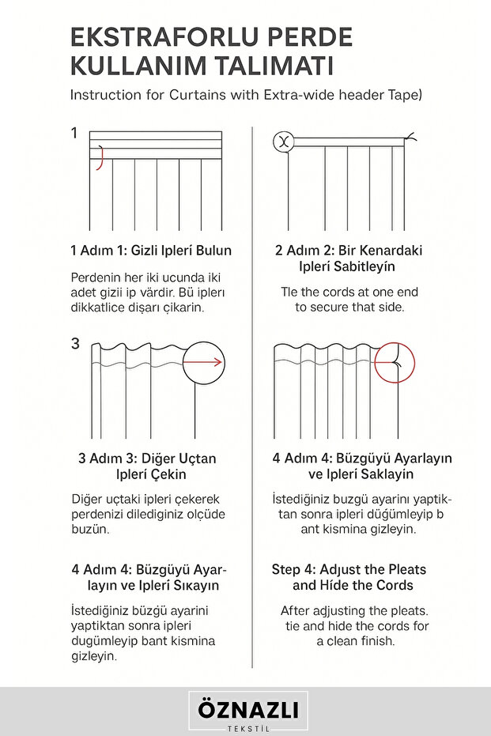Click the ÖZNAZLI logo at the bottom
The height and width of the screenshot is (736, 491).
(248, 709)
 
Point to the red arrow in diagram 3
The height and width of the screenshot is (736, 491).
(207, 363)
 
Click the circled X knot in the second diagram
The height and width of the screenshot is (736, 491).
(282, 142)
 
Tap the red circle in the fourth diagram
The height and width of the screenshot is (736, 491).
(397, 364)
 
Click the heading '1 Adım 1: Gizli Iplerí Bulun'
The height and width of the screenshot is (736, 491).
(151, 251)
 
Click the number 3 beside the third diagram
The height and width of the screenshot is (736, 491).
(75, 344)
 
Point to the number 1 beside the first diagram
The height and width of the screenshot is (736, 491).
(74, 134)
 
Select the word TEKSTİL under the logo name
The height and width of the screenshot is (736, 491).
(248, 728)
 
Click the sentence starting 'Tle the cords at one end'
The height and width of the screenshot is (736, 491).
(350, 292)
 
